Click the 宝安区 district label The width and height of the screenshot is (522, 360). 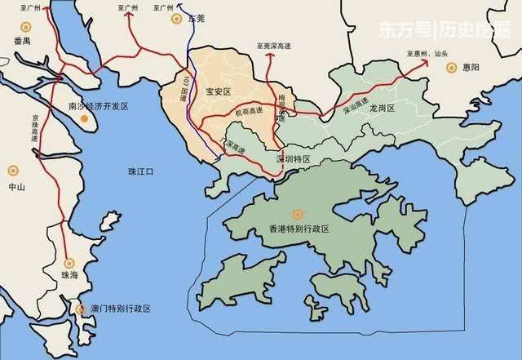pyautogui.click(x=219, y=92)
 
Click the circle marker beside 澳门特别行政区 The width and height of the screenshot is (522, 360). pyautogui.click(x=80, y=309)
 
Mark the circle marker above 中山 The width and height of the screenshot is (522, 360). pyautogui.click(x=12, y=171)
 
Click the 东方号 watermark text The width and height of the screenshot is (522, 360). pyautogui.click(x=396, y=29)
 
